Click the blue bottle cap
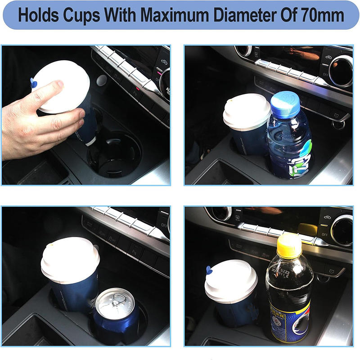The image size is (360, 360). [x=285, y=102]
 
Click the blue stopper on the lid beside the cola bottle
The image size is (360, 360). [x=209, y=270]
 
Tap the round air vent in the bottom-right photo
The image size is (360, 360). [x=342, y=230]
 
